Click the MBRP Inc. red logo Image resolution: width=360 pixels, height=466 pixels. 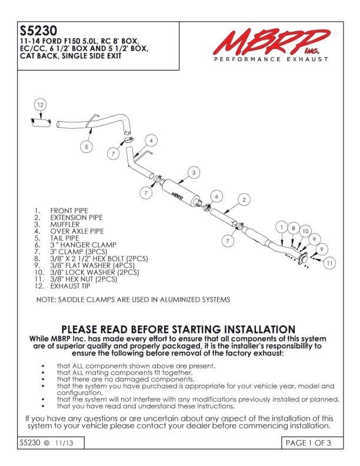tap(268, 42)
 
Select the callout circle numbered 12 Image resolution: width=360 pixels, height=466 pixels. tap(40, 105)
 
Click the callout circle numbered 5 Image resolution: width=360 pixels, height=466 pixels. tap(86, 147)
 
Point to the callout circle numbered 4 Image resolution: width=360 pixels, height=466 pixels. tap(151, 141)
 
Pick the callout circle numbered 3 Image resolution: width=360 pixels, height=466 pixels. tap(194, 172)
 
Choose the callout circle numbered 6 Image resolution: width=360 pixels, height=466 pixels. tap(216, 196)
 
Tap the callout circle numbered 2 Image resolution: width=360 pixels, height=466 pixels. tap(243, 200)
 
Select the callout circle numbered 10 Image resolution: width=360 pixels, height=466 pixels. tap(305, 232)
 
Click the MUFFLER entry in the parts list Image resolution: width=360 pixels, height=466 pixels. tap(65, 224)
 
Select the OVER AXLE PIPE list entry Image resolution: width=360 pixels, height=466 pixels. tap(76, 231)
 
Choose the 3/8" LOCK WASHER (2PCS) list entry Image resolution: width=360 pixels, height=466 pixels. tap(94, 272)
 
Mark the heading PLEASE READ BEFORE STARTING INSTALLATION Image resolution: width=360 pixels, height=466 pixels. tap(178, 329)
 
